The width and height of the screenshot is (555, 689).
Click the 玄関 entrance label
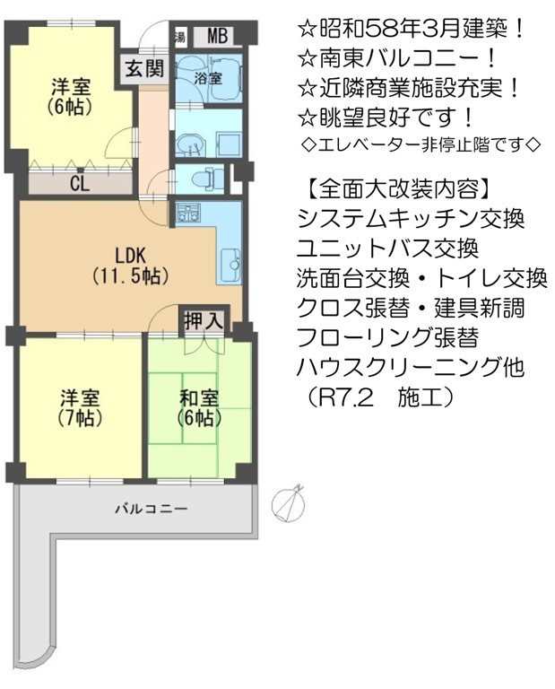point(144,69)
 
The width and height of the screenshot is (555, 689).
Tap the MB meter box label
point(217,36)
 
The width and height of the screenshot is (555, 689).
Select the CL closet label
point(80,184)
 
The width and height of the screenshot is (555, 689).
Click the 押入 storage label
point(204,321)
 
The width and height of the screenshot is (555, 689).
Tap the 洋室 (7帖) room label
point(80,408)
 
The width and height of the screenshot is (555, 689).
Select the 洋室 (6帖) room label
point(71,96)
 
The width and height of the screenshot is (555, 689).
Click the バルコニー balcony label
point(152,510)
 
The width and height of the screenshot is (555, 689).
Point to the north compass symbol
point(289,503)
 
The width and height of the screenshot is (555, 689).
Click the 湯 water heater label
point(179,37)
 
